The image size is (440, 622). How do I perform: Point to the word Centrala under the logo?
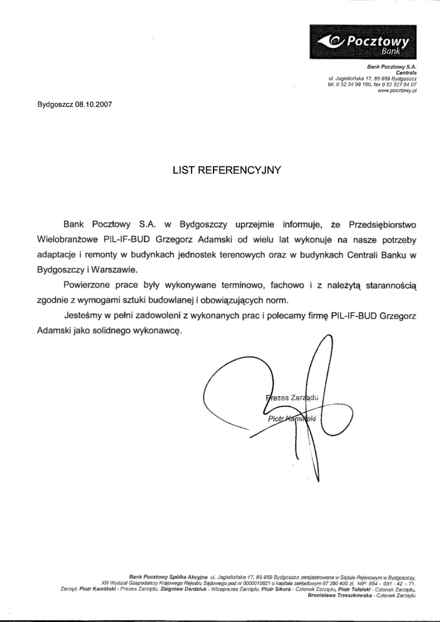[x=406, y=72]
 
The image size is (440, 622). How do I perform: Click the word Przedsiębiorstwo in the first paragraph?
[x=382, y=225]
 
